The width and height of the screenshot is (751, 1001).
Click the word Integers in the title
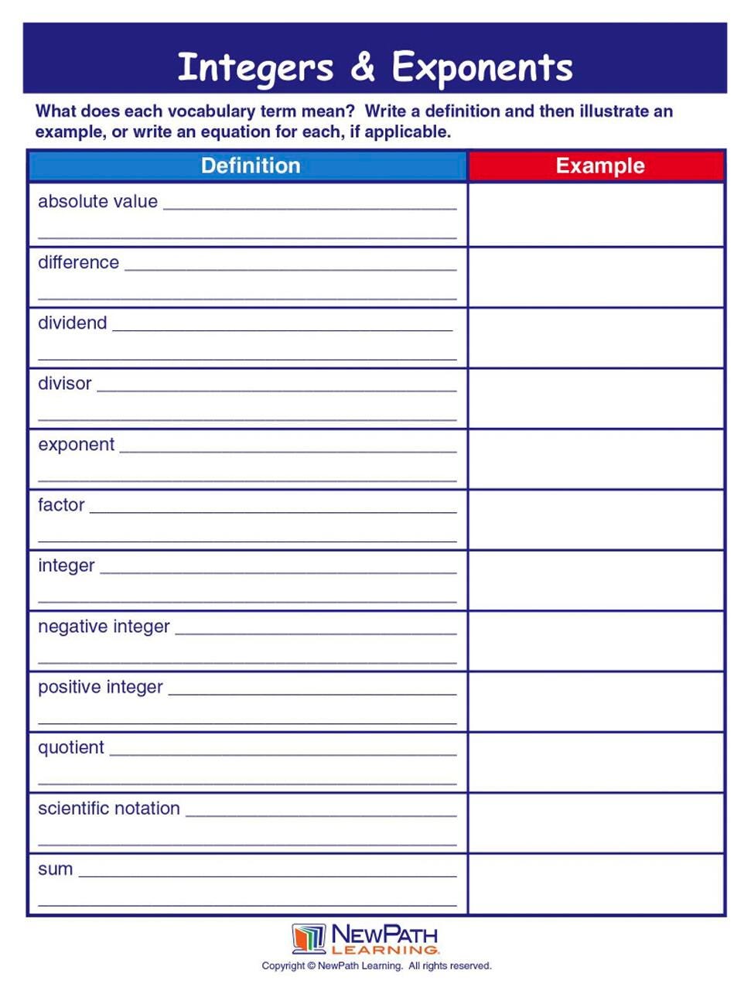tap(255, 68)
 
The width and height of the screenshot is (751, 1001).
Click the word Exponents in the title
tap(482, 68)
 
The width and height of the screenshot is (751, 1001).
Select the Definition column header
tap(250, 166)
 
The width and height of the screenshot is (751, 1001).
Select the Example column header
tap(599, 166)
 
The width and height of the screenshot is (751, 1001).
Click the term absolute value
tap(97, 202)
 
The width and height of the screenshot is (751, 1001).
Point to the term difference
tap(78, 262)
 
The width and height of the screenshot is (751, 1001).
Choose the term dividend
tap(72, 323)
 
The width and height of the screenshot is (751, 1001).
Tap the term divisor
tap(64, 384)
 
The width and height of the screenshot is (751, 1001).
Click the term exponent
tap(76, 445)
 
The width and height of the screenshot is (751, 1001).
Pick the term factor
tap(61, 505)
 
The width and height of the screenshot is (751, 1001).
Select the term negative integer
tap(104, 627)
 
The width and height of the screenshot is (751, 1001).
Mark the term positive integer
tap(101, 687)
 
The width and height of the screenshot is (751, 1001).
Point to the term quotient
tap(70, 748)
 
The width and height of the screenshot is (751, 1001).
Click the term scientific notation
tap(108, 808)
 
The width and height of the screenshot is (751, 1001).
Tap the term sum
tap(55, 869)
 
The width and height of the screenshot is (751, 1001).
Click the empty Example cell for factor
tap(596, 520)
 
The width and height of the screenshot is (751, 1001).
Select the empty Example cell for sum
tap(596, 884)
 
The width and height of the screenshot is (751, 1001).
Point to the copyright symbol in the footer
tap(311, 966)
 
